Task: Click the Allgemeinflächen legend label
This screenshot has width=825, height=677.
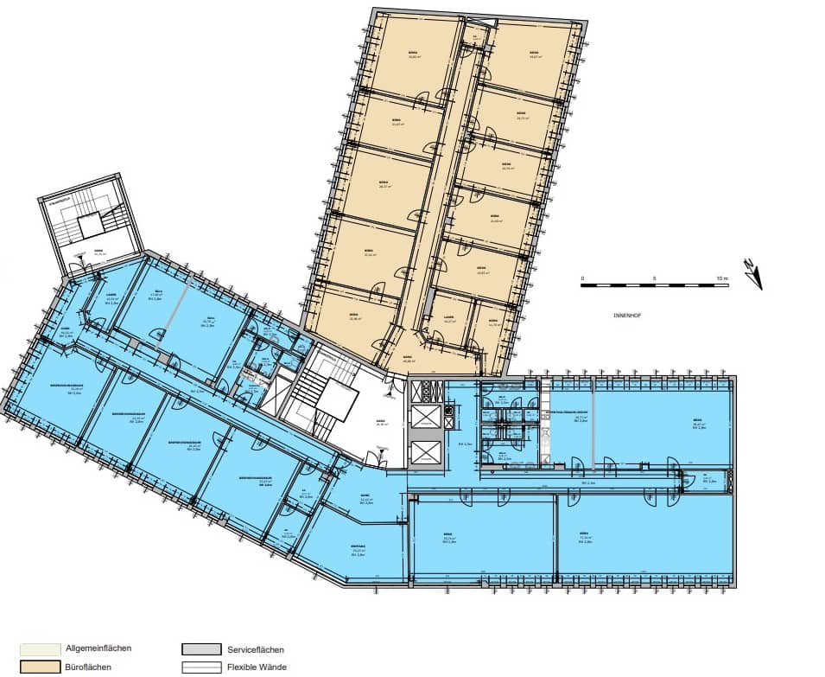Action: pyautogui.click(x=98, y=648)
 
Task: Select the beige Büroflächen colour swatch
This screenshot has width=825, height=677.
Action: pyautogui.click(x=40, y=667)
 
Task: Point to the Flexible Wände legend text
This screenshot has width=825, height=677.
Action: pyautogui.click(x=257, y=667)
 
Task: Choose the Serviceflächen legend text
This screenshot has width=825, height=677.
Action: pyautogui.click(x=256, y=648)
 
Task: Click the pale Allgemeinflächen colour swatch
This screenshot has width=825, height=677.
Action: pyautogui.click(x=40, y=648)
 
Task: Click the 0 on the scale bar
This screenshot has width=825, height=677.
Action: pyautogui.click(x=582, y=278)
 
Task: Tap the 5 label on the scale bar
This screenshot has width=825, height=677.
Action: pyautogui.click(x=654, y=278)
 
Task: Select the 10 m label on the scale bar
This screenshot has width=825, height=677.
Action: pyautogui.click(x=722, y=278)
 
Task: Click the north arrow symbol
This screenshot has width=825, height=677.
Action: pyautogui.click(x=753, y=272)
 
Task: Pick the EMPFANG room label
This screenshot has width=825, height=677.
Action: pyautogui.click(x=358, y=546)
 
